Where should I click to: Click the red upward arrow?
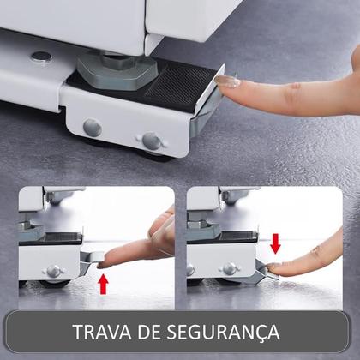coord(105,281)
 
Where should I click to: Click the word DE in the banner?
coord(155,332)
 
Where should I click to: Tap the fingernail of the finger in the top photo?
coord(228,82)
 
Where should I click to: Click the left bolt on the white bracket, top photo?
coord(92,128)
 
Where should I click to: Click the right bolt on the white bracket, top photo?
coord(152,140)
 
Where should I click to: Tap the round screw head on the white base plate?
coord(40,57)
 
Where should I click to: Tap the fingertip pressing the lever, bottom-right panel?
coord(276,267)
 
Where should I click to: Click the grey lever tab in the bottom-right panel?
coord(257,274)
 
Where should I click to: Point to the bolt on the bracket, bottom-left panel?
coord(54,271)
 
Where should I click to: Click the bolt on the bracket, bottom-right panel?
coord(229,269)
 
